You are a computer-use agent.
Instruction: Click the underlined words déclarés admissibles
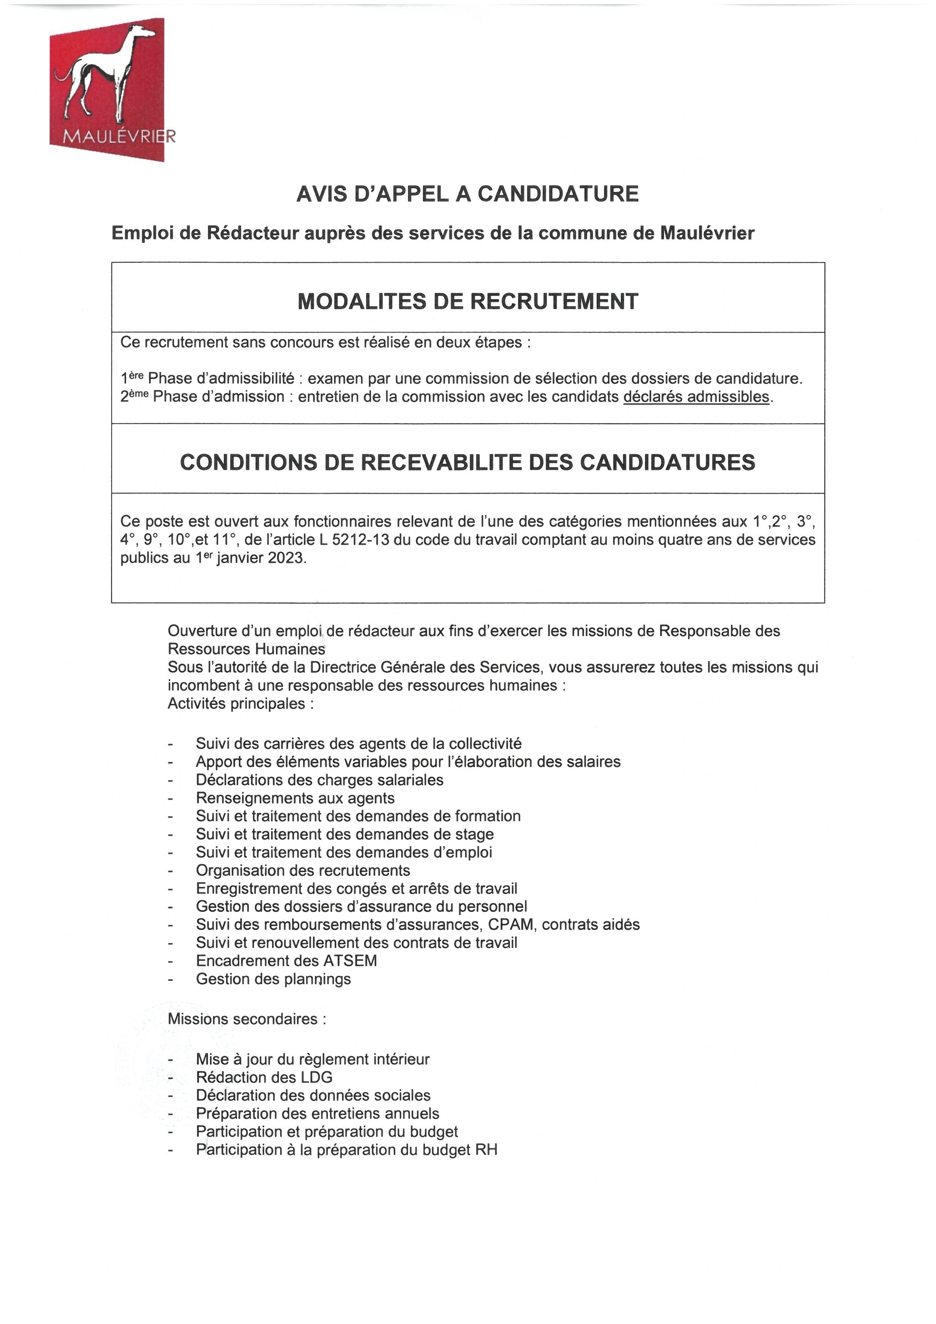(696, 397)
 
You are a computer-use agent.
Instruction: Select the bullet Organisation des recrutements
(303, 871)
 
